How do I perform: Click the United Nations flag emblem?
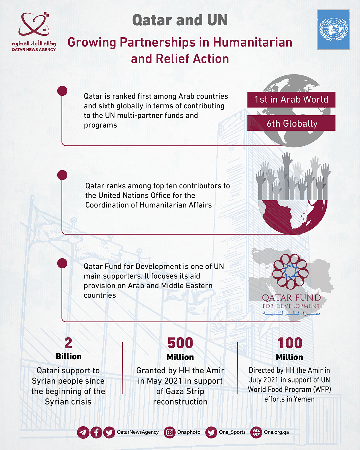point(333,30)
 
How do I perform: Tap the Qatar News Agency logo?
point(34,32)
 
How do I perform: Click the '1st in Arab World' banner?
point(291,100)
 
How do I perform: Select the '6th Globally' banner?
point(292,124)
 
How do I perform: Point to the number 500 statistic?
point(180,343)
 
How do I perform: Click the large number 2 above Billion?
point(68,343)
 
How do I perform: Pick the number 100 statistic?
point(290,343)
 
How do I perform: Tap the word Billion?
point(69,356)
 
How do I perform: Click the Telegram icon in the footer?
point(83,432)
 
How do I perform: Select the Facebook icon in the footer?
point(96,432)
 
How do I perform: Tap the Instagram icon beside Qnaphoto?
point(170,432)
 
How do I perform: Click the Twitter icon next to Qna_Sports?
point(211,432)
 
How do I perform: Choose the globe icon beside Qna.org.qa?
point(256,432)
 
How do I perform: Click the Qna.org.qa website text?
point(276,432)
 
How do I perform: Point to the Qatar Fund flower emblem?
point(290,271)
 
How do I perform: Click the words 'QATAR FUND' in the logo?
point(291,298)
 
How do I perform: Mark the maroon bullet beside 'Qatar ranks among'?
point(62,175)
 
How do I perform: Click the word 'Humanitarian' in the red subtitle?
point(252,42)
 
